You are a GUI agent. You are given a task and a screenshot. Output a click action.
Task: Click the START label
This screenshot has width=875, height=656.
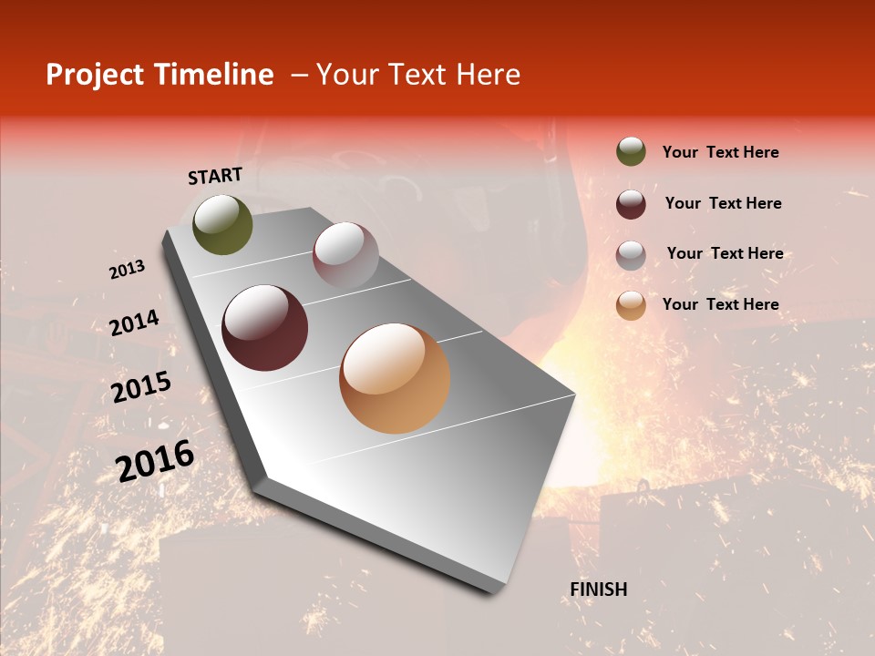click(x=215, y=176)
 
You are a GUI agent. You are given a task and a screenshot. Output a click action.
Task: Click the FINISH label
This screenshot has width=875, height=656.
click(x=598, y=589)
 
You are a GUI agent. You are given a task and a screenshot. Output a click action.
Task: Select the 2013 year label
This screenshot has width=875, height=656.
click(x=127, y=270)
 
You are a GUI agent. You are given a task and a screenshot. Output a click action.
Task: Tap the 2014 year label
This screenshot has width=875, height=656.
click(x=134, y=323)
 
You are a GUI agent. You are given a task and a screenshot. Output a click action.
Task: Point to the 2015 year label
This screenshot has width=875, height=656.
click(x=141, y=387)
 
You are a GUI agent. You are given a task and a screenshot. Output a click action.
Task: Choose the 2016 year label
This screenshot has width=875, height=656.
click(x=155, y=460)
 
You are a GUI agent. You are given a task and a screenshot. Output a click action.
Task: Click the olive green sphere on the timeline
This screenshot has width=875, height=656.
click(x=222, y=225)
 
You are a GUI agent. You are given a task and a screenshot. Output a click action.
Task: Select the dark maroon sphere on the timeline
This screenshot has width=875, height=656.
click(x=264, y=327)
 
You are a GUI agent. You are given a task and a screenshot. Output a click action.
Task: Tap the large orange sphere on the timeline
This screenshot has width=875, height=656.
click(x=395, y=378)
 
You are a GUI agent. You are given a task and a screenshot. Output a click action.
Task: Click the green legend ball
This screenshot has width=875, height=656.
click(x=631, y=151)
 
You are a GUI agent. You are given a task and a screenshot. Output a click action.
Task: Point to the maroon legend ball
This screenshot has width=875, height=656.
click(x=631, y=203)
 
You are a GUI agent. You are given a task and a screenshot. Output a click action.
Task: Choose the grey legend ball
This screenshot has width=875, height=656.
click(x=631, y=254)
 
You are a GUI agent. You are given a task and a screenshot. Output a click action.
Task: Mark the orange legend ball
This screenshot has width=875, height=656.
click(x=631, y=305)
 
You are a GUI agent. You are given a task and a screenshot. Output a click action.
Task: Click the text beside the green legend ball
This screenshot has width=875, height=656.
click(x=720, y=152)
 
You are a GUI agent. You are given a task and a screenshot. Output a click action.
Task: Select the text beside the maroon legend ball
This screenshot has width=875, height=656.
click(x=723, y=203)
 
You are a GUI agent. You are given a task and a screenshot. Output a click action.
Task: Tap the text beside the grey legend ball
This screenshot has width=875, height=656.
click(x=725, y=253)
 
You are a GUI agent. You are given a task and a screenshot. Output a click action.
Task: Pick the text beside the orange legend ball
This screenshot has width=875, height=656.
click(x=720, y=304)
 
